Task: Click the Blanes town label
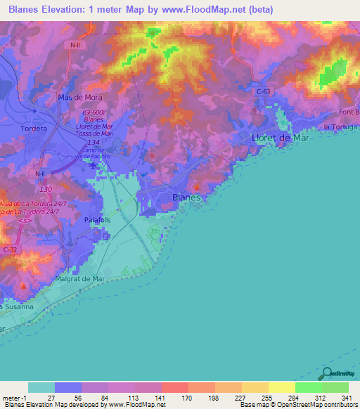pyautogui.click(x=186, y=198)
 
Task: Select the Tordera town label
pyautogui.click(x=34, y=129)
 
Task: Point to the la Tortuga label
pyautogui.click(x=340, y=126)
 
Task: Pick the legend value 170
pyautogui.click(x=176, y=398)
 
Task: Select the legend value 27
pyautogui.click(x=51, y=398)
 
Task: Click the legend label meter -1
pyautogui.click(x=13, y=398)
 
